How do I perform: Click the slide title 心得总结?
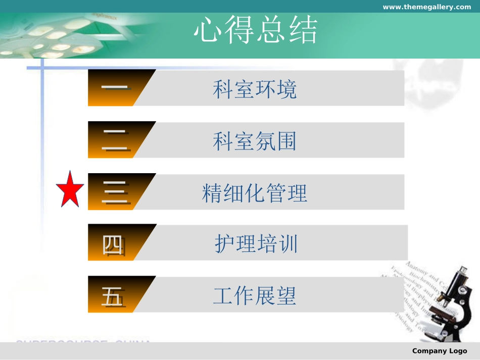(256, 31)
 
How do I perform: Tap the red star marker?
(70, 190)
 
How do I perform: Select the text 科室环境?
(255, 90)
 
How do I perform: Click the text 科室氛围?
(255, 141)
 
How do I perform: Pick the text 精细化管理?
(255, 193)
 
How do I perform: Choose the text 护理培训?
(256, 244)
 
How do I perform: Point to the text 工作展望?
(255, 296)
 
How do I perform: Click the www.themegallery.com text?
(426, 7)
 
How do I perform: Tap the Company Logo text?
(440, 351)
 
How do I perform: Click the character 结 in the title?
(303, 31)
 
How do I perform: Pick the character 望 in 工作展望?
(286, 296)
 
